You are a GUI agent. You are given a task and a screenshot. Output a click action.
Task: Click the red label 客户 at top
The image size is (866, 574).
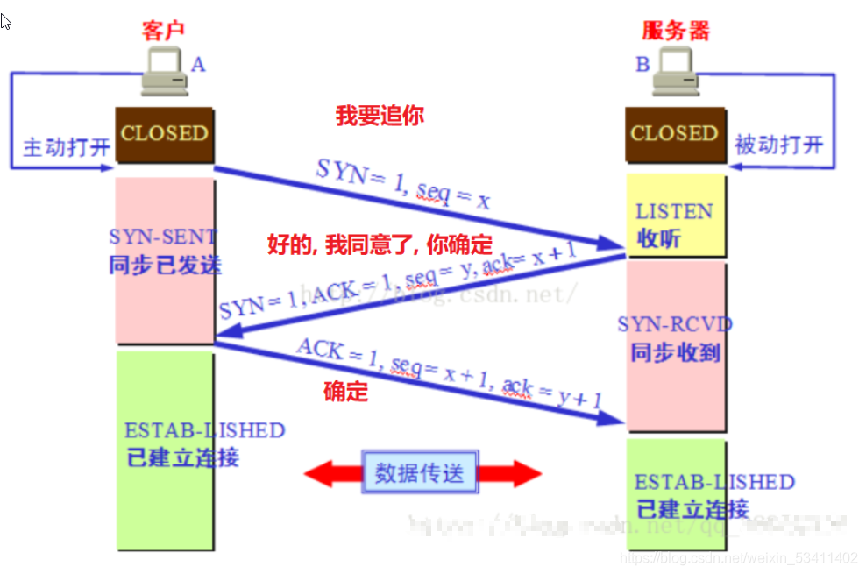(165, 32)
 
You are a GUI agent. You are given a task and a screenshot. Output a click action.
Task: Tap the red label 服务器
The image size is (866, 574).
(675, 32)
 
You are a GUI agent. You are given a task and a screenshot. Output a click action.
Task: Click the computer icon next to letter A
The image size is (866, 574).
(164, 73)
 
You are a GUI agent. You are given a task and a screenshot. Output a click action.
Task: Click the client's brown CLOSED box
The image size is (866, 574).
(165, 134)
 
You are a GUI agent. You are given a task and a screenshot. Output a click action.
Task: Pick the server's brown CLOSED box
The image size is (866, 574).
(675, 134)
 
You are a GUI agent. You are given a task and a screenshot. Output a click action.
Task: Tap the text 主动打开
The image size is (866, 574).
(66, 146)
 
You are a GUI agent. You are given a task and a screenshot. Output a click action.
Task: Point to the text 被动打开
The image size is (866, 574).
(779, 145)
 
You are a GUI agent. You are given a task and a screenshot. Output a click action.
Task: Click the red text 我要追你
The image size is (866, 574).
(380, 116)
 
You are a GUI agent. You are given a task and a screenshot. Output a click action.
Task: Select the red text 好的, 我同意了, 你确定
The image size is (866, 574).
(380, 244)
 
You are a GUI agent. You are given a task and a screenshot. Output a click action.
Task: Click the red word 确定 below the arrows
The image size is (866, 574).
(346, 392)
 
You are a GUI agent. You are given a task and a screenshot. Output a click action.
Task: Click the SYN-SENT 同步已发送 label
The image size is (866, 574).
(165, 251)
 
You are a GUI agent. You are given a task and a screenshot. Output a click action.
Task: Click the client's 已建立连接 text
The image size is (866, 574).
(182, 457)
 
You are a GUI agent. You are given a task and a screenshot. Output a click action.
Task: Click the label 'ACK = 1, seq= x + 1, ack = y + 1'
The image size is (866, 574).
(449, 374)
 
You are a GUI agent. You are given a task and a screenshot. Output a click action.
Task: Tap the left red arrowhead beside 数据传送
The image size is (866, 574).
(320, 474)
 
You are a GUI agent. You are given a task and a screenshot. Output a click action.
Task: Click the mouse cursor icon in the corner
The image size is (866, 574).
(5, 21)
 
